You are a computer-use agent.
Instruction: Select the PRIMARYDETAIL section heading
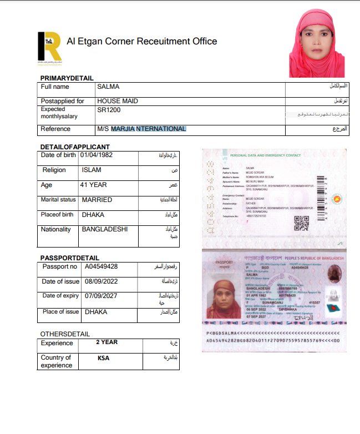coord(67,78)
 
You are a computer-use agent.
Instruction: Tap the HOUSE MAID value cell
coord(118,101)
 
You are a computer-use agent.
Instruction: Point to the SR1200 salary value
coord(109,110)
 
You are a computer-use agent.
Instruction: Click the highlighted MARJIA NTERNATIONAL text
coord(148,129)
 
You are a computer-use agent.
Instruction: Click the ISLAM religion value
coord(92,170)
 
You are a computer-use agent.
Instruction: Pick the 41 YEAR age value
coord(93,185)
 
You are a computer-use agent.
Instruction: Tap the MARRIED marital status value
coord(97,200)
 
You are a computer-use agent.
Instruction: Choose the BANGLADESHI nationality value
coord(104,229)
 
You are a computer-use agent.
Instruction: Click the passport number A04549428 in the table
coord(101,266)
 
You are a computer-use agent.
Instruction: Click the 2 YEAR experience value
coord(107,342)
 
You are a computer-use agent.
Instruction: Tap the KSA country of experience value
coord(103,358)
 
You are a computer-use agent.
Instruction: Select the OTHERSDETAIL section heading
coord(65,334)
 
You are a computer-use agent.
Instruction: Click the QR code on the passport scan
coord(301,223)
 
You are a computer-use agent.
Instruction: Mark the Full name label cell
coord(55,87)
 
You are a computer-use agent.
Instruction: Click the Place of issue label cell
coord(60,312)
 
